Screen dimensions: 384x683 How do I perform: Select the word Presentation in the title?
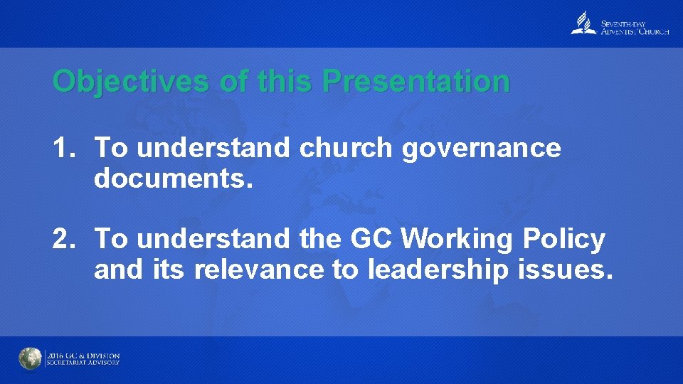tap(415, 82)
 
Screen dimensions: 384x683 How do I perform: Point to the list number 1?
tap(63, 148)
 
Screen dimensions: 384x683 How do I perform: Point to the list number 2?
tap(63, 239)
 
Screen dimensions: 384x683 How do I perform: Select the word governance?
tap(482, 148)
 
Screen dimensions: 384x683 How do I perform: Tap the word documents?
tap(173, 178)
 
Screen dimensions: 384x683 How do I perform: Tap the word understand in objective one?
tap(213, 148)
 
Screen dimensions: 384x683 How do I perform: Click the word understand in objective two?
tap(213, 239)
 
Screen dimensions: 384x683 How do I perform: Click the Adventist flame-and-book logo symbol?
tap(583, 24)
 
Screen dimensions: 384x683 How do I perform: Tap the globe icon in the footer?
tap(31, 358)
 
